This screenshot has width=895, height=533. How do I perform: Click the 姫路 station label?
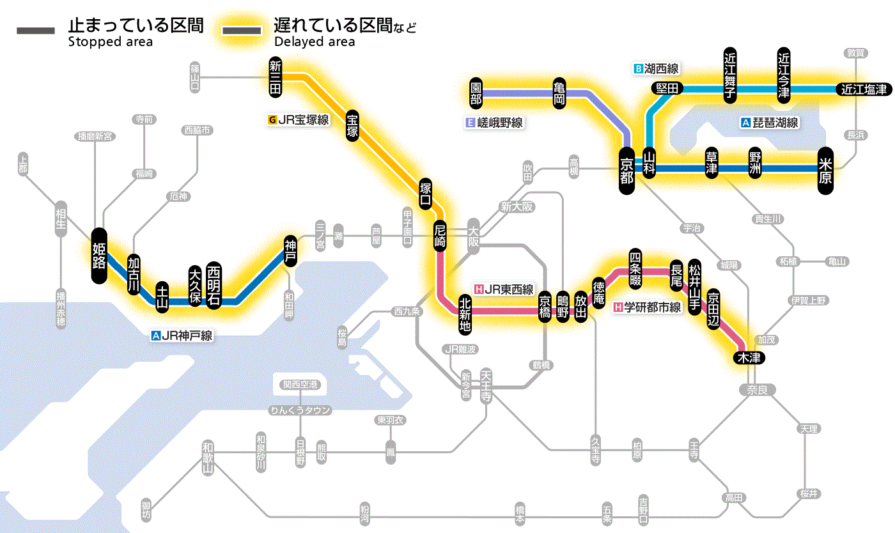[x=99, y=255]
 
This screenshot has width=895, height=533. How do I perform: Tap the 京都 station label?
[x=627, y=168]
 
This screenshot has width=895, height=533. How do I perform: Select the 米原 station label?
[x=825, y=170]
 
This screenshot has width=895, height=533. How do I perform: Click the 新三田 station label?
[x=276, y=77]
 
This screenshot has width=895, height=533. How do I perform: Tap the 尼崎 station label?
[x=440, y=236]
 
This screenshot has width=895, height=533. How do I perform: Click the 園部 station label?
[x=476, y=93]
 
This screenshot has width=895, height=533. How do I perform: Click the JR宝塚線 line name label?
[x=299, y=119]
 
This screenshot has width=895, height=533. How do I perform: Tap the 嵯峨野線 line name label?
[x=495, y=123]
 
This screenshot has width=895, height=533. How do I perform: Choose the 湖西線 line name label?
[x=656, y=68]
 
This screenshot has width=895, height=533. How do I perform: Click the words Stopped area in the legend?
[x=110, y=42]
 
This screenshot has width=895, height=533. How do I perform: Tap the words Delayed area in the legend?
[x=315, y=42]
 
